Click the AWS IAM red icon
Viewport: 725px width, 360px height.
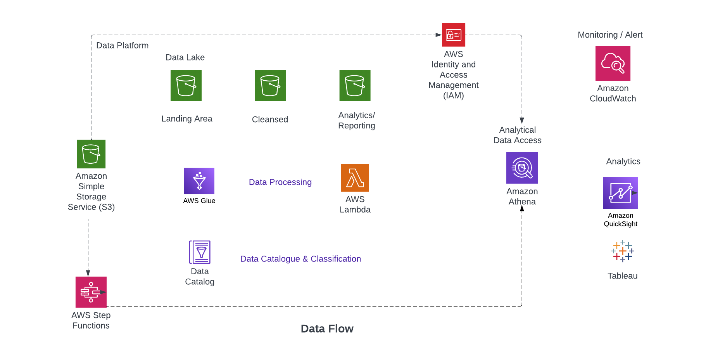(x=453, y=35)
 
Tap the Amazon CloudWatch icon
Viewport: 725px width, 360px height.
(x=613, y=63)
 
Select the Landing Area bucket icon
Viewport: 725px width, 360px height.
(x=186, y=85)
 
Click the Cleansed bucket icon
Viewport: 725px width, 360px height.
(x=270, y=85)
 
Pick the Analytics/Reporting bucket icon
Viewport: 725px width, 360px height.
(x=355, y=85)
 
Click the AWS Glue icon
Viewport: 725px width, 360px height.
(x=199, y=181)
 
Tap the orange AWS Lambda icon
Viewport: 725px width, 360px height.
(x=355, y=178)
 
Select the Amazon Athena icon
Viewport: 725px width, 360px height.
(x=522, y=168)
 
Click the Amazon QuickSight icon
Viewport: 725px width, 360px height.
(x=620, y=193)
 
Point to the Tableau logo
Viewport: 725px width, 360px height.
(x=622, y=251)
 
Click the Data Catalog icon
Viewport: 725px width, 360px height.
(x=200, y=252)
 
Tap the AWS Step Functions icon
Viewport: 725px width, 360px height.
(x=91, y=292)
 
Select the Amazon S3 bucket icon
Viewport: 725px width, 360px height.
(x=91, y=154)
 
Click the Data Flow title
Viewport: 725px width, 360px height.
(x=327, y=329)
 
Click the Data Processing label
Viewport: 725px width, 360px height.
(x=280, y=182)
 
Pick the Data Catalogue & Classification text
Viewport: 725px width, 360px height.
(x=300, y=259)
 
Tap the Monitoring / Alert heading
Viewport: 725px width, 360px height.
(x=610, y=35)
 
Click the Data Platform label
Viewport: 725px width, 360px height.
(x=122, y=45)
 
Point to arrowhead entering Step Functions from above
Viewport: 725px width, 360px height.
(x=88, y=273)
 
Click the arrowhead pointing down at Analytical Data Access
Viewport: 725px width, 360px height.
(x=522, y=120)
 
